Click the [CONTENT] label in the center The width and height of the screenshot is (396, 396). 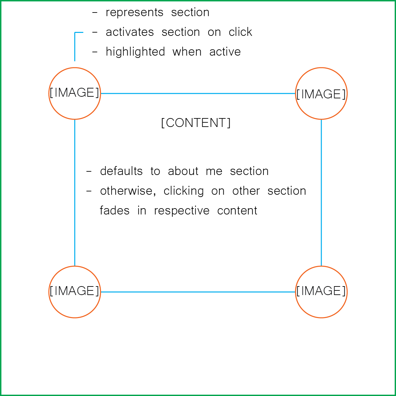tap(196, 123)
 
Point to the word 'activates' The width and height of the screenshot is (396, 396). tap(130, 32)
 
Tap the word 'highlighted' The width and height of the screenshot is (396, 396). tap(135, 52)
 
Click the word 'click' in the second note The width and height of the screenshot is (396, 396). tap(240, 32)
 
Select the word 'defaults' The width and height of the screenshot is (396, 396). tap(121, 171)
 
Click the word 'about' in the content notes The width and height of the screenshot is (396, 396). tap(183, 171)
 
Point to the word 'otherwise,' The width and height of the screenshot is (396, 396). tap(128, 191)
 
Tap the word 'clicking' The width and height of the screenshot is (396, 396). tap(184, 191)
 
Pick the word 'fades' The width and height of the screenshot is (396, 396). tap(115, 210)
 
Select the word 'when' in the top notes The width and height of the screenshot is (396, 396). tap(187, 52)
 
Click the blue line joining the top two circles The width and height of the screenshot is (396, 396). tap(198, 93)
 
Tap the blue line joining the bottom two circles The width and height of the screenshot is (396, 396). tap(198, 292)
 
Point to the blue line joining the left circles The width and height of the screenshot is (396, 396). tap(75, 192)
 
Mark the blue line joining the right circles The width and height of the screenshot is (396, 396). tap(321, 192)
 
